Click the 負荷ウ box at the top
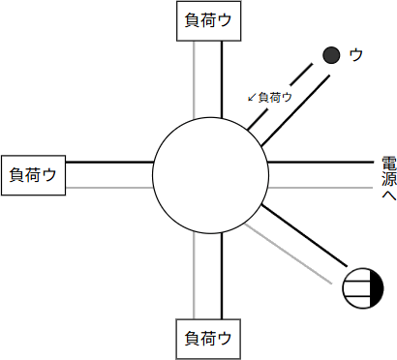pos(207,19)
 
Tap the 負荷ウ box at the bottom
pos(207,340)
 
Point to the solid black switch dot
pos(331,55)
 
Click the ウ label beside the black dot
pos(356,55)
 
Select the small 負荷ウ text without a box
pos(275,97)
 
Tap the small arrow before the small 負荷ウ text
pos(252,97)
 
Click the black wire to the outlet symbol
pos(310,237)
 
